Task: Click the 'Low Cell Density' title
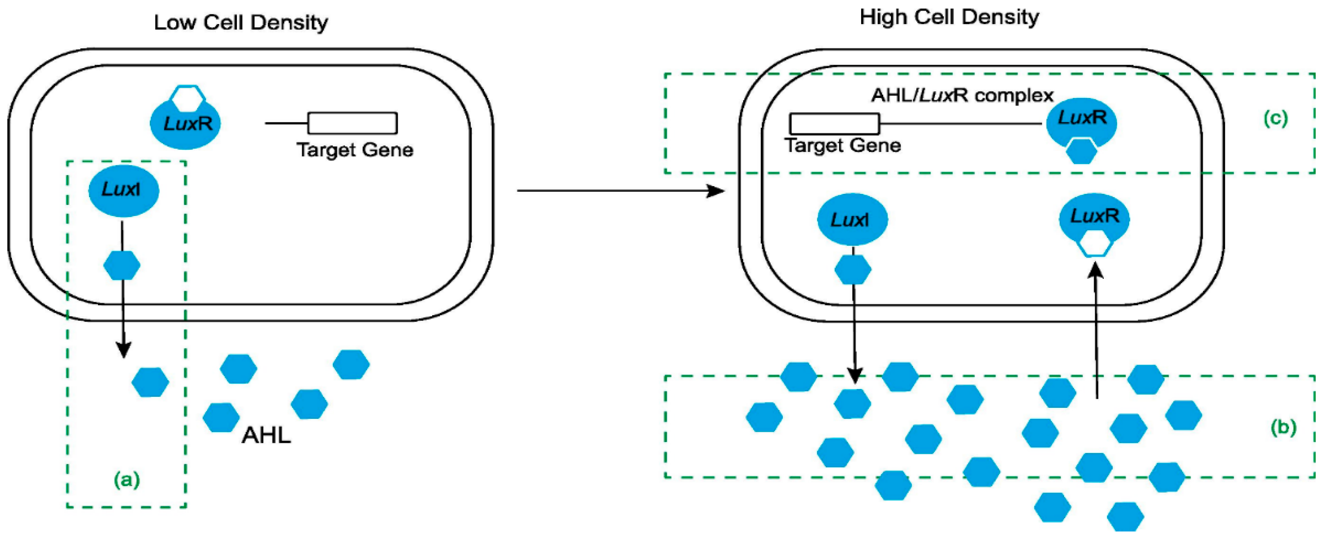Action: pos(241,22)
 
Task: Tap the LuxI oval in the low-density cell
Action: pos(123,190)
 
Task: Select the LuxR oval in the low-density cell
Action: pos(185,124)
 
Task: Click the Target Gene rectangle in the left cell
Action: pos(352,123)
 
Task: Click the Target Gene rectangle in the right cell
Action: pos(834,124)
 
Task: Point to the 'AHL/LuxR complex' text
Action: pos(962,96)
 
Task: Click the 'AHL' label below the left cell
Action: pos(266,435)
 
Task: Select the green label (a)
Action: pos(126,480)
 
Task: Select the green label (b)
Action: pos(1283,427)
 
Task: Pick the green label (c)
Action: pos(1275,119)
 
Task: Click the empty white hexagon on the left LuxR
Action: pos(187,98)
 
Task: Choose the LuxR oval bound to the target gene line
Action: pos(1081,122)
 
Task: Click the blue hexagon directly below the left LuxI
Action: pos(122,265)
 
